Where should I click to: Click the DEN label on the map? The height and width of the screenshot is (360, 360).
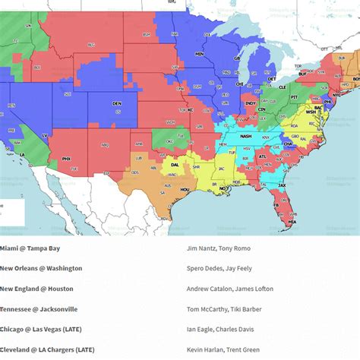click(117, 103)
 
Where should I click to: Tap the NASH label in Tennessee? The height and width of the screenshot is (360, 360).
click(245, 136)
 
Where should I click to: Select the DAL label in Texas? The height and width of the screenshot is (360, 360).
click(175, 163)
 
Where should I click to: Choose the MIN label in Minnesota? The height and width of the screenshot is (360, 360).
click(200, 55)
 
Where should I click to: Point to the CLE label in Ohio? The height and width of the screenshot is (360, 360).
click(279, 87)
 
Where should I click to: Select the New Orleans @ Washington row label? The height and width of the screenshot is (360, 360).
click(41, 268)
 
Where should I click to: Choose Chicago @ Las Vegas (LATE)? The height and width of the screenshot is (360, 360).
click(46, 329)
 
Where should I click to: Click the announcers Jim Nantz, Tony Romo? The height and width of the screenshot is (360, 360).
click(218, 248)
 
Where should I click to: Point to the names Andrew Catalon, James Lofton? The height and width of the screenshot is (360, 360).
click(226, 289)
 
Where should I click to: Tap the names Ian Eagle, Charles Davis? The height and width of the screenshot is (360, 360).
click(219, 329)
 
